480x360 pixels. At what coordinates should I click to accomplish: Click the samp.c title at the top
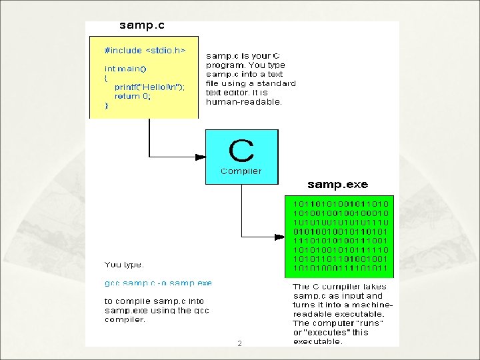click(x=141, y=27)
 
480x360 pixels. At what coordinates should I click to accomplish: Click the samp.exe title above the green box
click(x=337, y=185)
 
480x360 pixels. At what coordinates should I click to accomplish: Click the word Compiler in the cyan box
click(x=241, y=171)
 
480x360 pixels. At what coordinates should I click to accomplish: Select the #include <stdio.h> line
click(x=145, y=51)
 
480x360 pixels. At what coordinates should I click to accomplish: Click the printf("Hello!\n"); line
click(x=149, y=87)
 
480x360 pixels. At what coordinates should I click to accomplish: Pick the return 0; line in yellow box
click(x=133, y=96)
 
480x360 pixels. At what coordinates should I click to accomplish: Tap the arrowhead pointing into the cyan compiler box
click(x=200, y=157)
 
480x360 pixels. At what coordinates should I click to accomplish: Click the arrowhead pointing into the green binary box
click(x=281, y=237)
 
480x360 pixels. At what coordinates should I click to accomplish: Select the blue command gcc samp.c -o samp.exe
click(x=158, y=283)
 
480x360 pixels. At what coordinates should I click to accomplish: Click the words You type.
click(x=124, y=265)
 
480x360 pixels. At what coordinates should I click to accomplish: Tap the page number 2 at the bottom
click(x=239, y=344)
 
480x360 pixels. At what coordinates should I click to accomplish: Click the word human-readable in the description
click(x=244, y=103)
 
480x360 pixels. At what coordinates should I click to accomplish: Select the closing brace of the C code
click(x=106, y=105)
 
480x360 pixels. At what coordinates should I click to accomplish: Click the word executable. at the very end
click(x=318, y=342)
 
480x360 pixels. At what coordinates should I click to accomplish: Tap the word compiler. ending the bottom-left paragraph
click(x=125, y=319)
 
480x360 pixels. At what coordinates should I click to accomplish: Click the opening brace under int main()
click(x=106, y=78)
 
